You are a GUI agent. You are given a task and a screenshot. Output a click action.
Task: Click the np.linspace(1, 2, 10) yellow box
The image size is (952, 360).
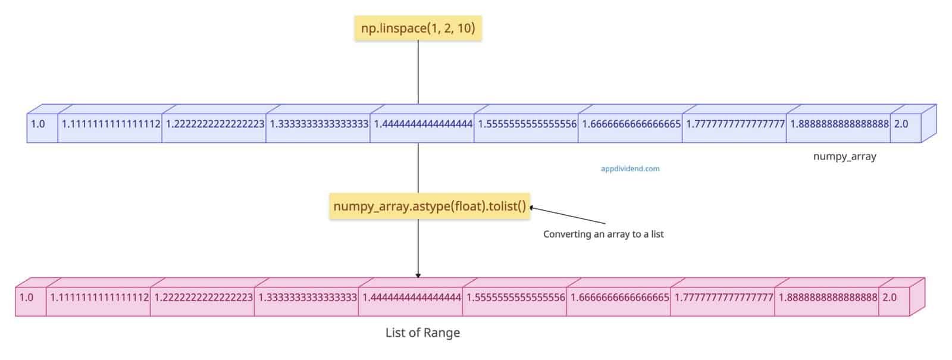click(x=418, y=28)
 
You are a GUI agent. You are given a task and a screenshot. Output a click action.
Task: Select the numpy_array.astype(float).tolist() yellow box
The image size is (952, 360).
click(x=430, y=206)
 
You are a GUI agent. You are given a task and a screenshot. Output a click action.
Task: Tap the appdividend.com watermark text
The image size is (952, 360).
click(x=630, y=168)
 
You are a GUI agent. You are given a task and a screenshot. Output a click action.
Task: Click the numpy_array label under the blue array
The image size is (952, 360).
click(x=844, y=156)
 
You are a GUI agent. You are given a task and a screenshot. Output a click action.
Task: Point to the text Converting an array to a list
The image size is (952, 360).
click(x=603, y=234)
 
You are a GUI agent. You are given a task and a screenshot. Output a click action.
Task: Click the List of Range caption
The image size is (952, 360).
click(x=422, y=333)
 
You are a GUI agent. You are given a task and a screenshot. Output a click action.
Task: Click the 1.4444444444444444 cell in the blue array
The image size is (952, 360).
click(x=422, y=124)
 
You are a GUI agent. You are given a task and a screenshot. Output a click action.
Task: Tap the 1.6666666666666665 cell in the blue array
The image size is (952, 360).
click(x=630, y=124)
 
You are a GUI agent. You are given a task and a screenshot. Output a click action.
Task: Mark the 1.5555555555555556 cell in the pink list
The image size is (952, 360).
click(x=515, y=297)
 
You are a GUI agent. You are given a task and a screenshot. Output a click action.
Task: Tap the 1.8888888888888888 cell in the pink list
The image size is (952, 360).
click(x=826, y=297)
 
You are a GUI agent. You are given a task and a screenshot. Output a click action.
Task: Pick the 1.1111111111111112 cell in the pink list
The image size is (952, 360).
click(x=98, y=297)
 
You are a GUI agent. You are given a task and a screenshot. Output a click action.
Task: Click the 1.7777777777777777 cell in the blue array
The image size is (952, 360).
click(x=734, y=124)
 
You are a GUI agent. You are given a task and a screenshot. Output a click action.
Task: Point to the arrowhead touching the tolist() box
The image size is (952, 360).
click(x=533, y=208)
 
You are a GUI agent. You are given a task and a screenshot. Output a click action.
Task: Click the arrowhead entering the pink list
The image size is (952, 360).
click(x=418, y=276)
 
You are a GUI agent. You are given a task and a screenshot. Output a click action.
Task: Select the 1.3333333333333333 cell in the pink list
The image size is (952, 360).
click(x=306, y=297)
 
